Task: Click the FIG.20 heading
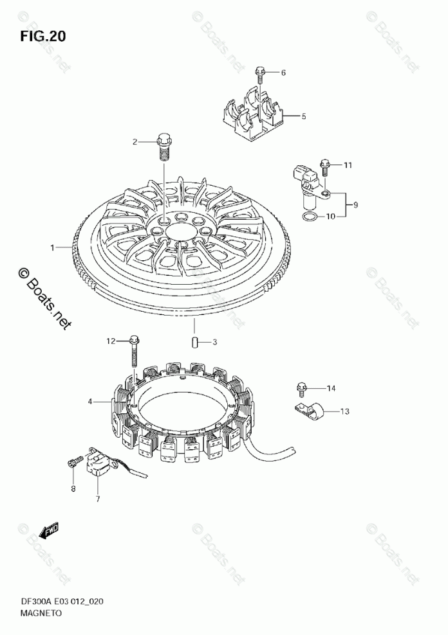[43, 37]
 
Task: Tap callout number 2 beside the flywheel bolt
[135, 141]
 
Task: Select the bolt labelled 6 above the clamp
[260, 75]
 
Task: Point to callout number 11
[348, 165]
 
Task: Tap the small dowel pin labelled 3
[193, 341]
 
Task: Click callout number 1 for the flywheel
[54, 246]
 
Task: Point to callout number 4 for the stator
[91, 402]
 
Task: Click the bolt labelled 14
[300, 388]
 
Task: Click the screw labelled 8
[73, 461]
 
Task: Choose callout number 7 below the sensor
[98, 498]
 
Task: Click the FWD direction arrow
[49, 531]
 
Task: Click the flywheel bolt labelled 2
[163, 145]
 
